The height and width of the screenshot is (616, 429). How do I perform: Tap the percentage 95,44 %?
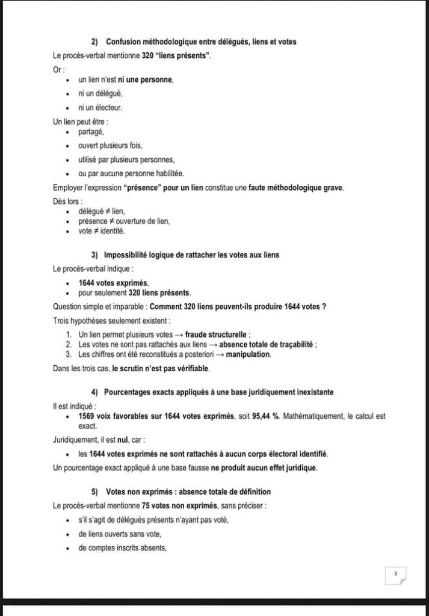[267, 416]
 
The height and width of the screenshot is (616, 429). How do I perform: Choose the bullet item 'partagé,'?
[91, 132]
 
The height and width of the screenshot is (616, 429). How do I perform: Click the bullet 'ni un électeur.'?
[100, 108]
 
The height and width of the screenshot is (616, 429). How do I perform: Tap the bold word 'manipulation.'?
[248, 354]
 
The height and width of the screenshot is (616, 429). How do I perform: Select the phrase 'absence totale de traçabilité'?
[267, 345]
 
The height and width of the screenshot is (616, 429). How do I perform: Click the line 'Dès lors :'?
[67, 202]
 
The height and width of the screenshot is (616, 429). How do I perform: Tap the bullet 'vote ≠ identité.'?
[102, 230]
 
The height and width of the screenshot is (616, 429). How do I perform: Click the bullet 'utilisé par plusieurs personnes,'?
[126, 160]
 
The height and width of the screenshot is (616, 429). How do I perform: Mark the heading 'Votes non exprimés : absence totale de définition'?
[187, 491]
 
